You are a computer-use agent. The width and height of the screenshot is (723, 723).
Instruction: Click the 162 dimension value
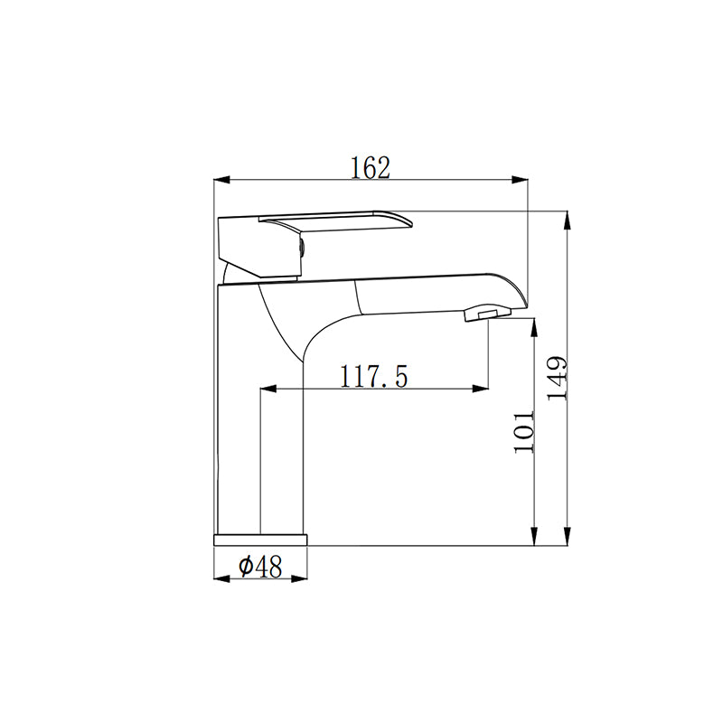(x=371, y=167)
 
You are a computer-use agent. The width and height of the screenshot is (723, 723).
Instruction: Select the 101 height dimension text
(x=525, y=432)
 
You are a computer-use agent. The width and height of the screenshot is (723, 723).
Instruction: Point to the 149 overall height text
(x=557, y=377)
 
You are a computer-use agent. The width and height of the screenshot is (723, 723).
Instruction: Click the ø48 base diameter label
(x=260, y=567)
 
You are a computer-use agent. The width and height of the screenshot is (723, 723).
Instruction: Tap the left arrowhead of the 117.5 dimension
(x=268, y=390)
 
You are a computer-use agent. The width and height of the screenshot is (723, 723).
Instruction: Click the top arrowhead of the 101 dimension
(x=536, y=324)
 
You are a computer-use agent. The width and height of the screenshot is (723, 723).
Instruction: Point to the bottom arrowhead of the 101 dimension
(x=536, y=539)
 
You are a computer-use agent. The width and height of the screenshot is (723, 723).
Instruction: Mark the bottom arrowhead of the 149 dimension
(x=567, y=539)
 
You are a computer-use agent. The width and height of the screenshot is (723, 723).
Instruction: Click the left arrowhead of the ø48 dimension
(x=220, y=579)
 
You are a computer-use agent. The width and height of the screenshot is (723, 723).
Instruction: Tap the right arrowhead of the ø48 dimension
(x=301, y=579)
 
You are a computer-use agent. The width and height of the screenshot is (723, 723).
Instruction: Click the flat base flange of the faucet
(x=260, y=540)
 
